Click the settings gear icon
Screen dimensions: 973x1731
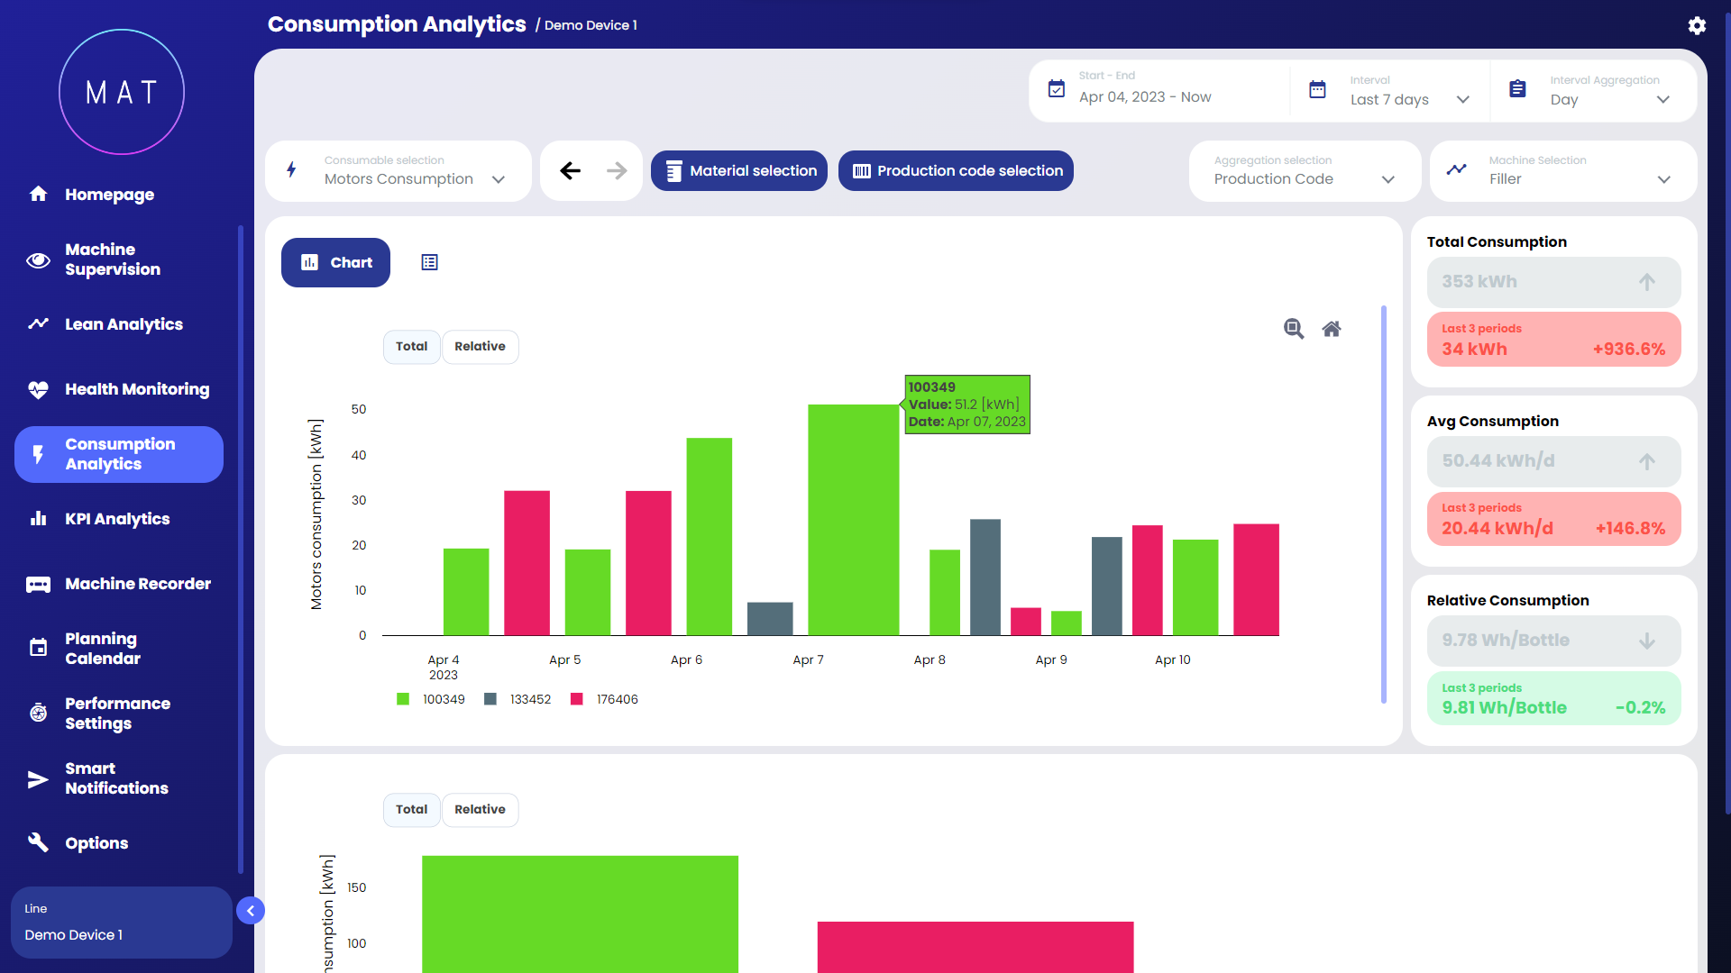click(x=1697, y=25)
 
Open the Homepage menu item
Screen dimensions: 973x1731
click(x=108, y=195)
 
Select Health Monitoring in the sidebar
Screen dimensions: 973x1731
click(x=136, y=389)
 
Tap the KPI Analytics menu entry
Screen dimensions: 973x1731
click(x=116, y=519)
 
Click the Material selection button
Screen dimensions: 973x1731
click(x=739, y=171)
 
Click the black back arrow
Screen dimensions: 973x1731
click(x=570, y=171)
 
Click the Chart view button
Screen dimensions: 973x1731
click(x=335, y=263)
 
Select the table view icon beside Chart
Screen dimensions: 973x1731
click(x=429, y=263)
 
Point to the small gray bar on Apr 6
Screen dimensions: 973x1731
click(x=770, y=619)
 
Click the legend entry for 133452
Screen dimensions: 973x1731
click(x=518, y=699)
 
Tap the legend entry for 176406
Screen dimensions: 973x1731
click(x=605, y=699)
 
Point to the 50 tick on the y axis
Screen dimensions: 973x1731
click(x=359, y=410)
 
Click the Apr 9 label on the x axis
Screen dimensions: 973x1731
click(x=1051, y=660)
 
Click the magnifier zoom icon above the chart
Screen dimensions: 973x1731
click(x=1294, y=329)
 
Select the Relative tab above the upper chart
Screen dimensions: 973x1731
click(x=480, y=347)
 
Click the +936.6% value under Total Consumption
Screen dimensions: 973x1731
click(x=1628, y=350)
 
